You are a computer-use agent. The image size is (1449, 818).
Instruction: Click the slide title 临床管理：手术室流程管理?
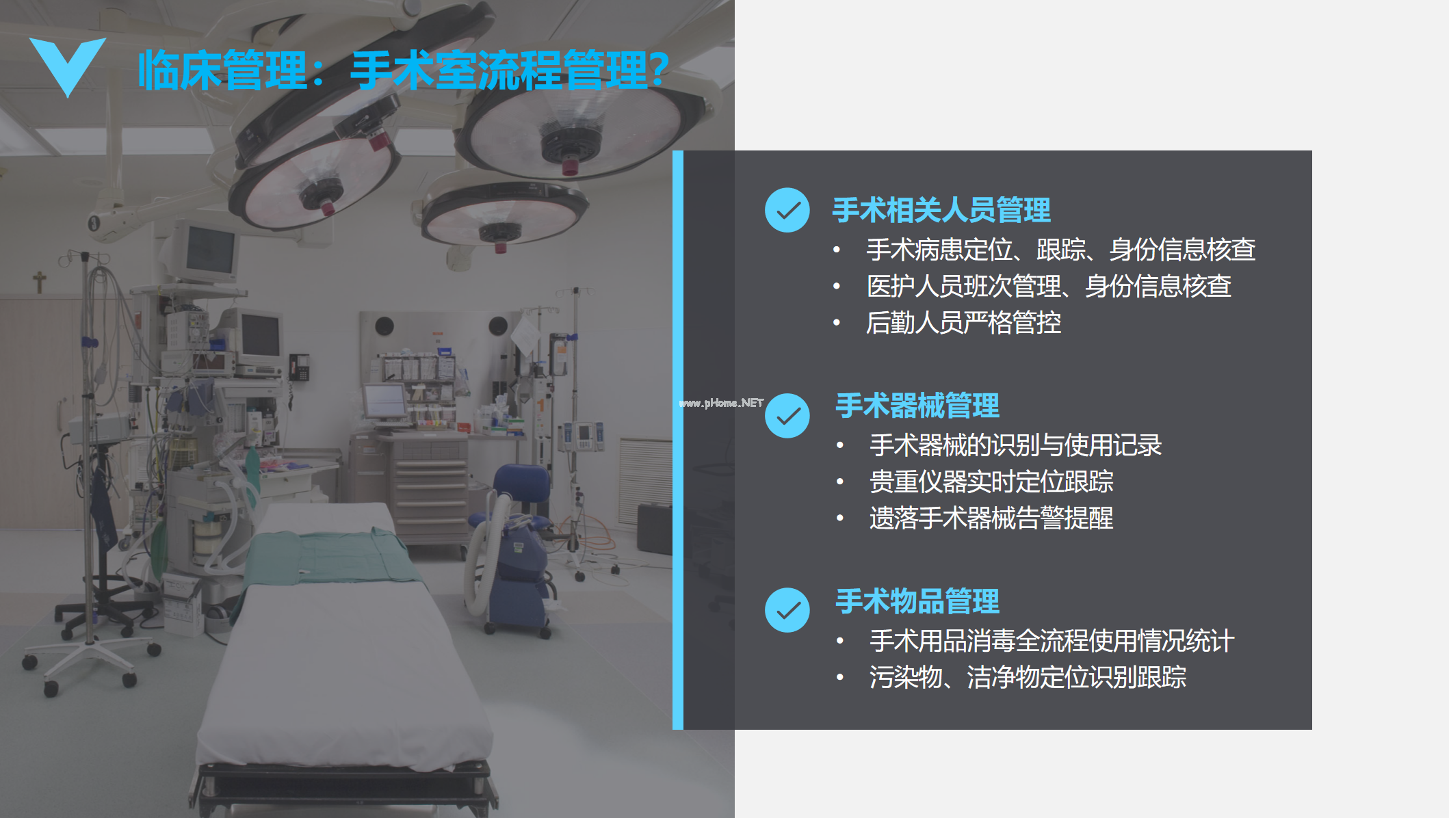pos(404,70)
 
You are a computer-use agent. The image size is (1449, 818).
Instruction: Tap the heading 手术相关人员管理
pos(941,210)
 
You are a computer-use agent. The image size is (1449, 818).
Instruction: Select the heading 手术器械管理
pos(917,406)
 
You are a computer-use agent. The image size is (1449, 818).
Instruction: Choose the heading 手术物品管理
pos(917,601)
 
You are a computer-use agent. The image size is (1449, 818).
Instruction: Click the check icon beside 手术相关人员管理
pos(787,210)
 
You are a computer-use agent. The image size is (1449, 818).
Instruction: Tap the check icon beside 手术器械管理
pos(787,415)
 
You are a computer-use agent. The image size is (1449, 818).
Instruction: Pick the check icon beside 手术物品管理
pos(787,610)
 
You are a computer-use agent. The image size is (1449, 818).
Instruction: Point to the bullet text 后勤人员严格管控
pos(963,323)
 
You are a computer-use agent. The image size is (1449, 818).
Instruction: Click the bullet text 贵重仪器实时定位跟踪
pos(991,481)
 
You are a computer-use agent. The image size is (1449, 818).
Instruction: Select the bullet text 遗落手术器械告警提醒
pos(991,518)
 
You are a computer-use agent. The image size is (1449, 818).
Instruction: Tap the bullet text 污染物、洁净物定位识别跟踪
pos(1028,677)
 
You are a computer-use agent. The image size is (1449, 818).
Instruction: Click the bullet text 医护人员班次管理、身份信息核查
pos(1049,286)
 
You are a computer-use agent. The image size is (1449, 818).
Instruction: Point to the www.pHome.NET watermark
pos(721,403)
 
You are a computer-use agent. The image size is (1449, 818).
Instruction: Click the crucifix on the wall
pos(40,281)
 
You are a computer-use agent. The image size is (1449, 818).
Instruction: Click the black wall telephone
pos(299,367)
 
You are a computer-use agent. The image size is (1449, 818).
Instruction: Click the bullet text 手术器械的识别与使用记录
pos(1015,445)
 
